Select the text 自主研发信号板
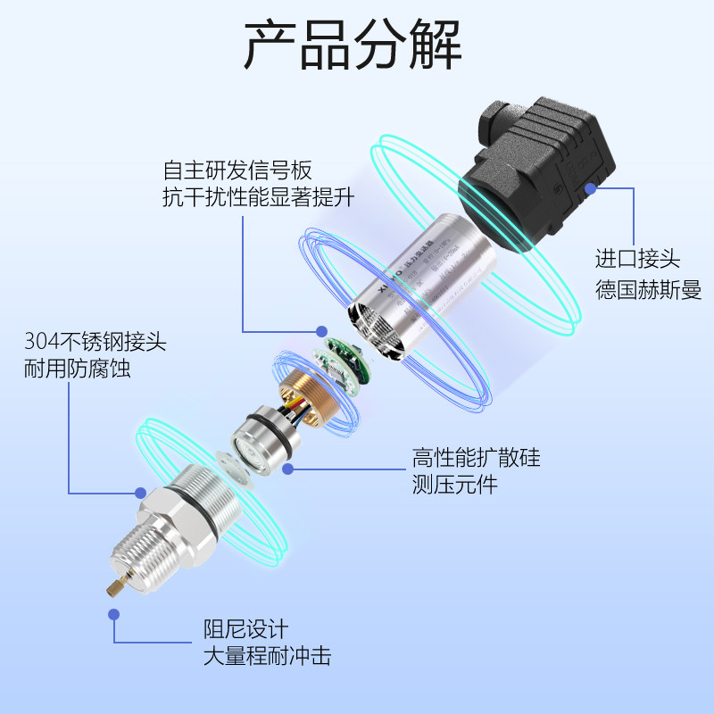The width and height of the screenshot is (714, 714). pos(237,170)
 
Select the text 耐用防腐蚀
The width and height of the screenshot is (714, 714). pos(77,368)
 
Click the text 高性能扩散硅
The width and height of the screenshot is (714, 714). pos(476,459)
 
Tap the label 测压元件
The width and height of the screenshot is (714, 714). pos(454,486)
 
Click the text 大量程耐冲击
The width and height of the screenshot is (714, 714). pos(268,658)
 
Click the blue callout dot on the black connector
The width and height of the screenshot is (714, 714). pos(590,188)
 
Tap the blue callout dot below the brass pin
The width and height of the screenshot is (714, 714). pos(113,614)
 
